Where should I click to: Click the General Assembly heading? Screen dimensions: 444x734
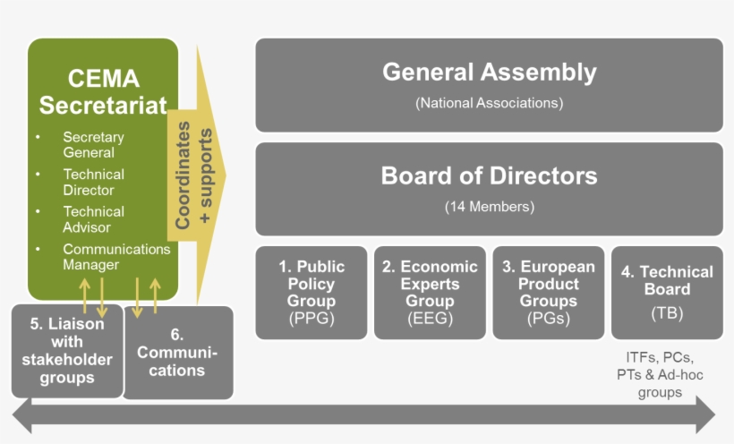pos(489,72)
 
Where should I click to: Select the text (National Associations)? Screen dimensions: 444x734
pos(489,103)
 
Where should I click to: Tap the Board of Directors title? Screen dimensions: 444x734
pos(489,175)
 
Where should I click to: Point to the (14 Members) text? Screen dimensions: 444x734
pos(489,207)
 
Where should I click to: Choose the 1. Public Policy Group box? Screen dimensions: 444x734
pos(312,292)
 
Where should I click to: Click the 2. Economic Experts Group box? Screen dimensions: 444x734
pos(430,292)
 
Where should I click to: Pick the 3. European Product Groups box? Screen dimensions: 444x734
pos(549,292)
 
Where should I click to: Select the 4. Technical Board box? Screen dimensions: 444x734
pos(667,292)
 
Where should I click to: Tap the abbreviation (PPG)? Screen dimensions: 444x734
pos(312,319)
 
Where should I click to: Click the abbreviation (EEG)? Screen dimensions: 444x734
pos(430,319)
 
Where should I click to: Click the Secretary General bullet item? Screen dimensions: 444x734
pos(93,145)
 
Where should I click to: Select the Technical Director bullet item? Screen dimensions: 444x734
pos(93,182)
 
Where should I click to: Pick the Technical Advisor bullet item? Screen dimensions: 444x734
pos(93,219)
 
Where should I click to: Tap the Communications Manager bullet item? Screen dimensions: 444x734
pos(115,257)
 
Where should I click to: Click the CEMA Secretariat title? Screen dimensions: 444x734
pos(103,92)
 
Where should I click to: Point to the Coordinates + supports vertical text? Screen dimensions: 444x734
pos(194,178)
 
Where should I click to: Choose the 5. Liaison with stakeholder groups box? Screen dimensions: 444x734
pos(67,351)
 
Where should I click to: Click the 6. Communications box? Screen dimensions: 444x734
pos(177,353)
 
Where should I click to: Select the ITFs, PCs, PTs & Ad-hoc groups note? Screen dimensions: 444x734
pos(660,374)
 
